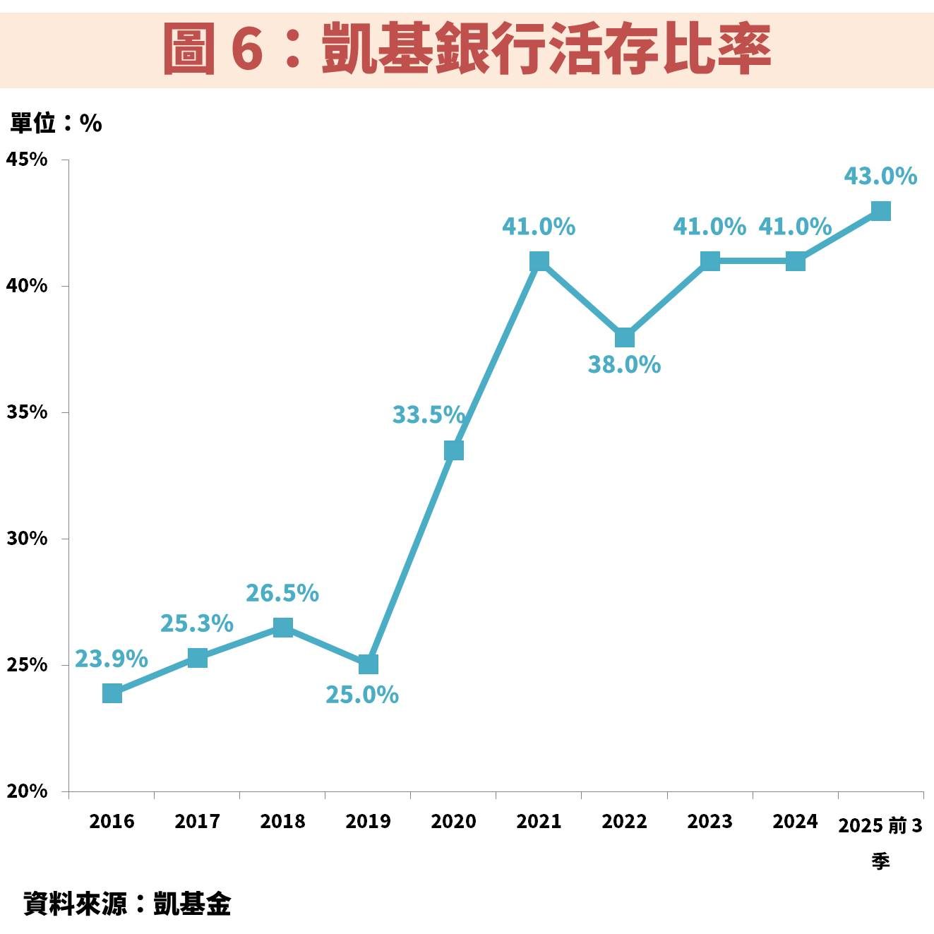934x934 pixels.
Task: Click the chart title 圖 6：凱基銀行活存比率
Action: click(467, 49)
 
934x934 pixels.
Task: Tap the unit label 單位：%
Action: click(56, 124)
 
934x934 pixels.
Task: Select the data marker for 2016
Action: click(112, 693)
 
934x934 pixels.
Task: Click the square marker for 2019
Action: click(369, 664)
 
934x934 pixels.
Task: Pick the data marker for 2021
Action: click(539, 261)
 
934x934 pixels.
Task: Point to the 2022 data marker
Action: click(625, 337)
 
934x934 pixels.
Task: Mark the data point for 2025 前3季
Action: click(880, 211)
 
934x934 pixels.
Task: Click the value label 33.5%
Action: click(428, 414)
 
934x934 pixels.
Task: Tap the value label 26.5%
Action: click(282, 593)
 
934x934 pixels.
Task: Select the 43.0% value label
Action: click(880, 176)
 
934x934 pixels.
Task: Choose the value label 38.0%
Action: click(624, 365)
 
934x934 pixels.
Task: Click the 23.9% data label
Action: click(112, 659)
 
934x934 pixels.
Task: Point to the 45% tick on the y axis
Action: click(27, 160)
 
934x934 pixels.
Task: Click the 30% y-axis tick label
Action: click(27, 539)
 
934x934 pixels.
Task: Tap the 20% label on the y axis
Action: click(27, 791)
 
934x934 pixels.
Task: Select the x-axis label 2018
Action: click(282, 821)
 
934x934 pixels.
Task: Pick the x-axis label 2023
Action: click(710, 821)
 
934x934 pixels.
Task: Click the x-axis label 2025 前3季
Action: click(880, 840)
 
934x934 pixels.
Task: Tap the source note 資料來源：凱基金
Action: click(127, 904)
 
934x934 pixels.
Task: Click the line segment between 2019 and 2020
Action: click(411, 558)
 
